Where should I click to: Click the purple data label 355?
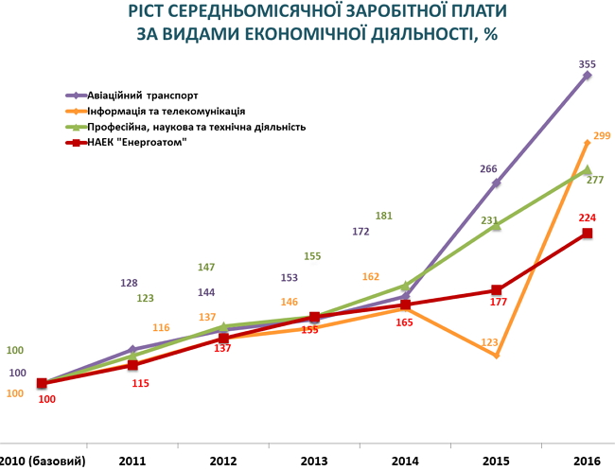pyautogui.click(x=587, y=65)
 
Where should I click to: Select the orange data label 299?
pyautogui.click(x=602, y=136)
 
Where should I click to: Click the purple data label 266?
pyautogui.click(x=488, y=169)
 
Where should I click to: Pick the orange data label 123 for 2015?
pyautogui.click(x=489, y=341)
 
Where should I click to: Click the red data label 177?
pyautogui.click(x=500, y=303)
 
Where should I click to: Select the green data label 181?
pyautogui.click(x=384, y=216)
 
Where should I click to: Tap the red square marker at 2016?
pyautogui.click(x=587, y=233)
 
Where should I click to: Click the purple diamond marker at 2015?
pyautogui.click(x=496, y=183)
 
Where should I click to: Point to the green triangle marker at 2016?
pyautogui.click(x=587, y=170)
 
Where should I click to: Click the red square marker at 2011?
pyautogui.click(x=133, y=365)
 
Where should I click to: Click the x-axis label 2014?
pyautogui.click(x=405, y=461)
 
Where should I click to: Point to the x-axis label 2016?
pyautogui.click(x=587, y=461)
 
